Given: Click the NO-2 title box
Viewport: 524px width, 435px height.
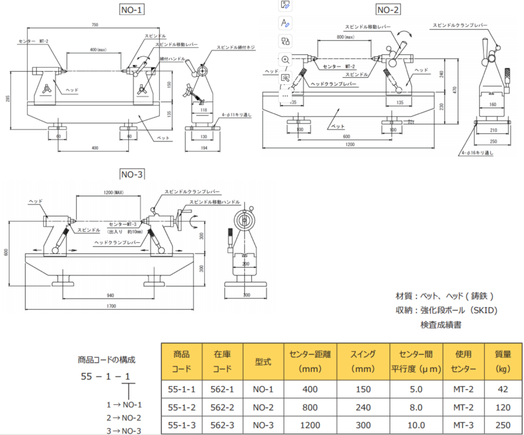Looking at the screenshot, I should [x=388, y=9].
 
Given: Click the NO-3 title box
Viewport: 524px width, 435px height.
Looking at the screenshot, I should [x=132, y=175].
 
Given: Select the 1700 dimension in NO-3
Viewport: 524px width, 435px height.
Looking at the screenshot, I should [x=111, y=305].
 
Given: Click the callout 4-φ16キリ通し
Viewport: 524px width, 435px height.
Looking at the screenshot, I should [x=476, y=152].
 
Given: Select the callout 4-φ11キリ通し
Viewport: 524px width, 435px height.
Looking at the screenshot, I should [x=236, y=115].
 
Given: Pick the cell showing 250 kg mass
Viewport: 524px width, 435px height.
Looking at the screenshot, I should [x=502, y=425].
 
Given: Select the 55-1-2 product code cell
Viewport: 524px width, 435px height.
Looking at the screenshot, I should [x=181, y=407].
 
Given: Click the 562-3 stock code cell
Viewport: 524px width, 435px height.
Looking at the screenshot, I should [x=222, y=425].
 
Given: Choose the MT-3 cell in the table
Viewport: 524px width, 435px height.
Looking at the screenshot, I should [x=463, y=425].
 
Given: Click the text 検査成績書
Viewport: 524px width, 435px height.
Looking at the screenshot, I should [x=440, y=325].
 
